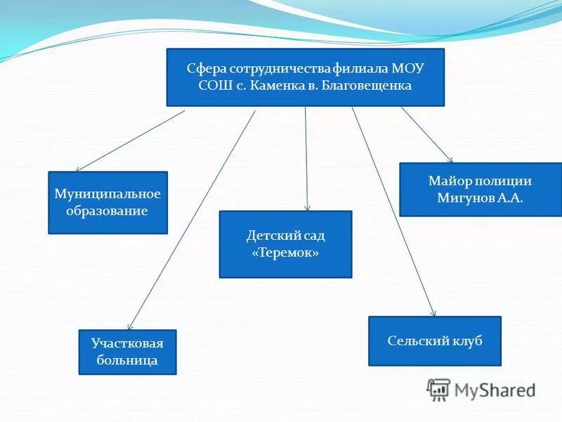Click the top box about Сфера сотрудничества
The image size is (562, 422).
coord(305,77)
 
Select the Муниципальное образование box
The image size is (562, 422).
coord(107,203)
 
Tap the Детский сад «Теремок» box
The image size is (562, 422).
coord(285,244)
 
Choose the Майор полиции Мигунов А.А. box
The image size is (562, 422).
coord(480,189)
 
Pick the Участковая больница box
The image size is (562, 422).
coord(127,352)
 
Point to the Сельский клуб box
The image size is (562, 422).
coord(435,340)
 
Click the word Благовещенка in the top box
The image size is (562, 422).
coord(369,86)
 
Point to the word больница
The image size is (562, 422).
coord(127,361)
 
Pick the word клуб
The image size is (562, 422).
coord(468,340)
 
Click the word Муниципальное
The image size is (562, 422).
coord(107,193)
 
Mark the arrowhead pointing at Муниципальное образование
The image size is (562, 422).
coord(78,170)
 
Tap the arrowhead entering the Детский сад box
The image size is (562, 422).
coord(307,207)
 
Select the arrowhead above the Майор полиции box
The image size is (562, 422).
coord(450,160)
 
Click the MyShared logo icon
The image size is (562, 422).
coord(438,390)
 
